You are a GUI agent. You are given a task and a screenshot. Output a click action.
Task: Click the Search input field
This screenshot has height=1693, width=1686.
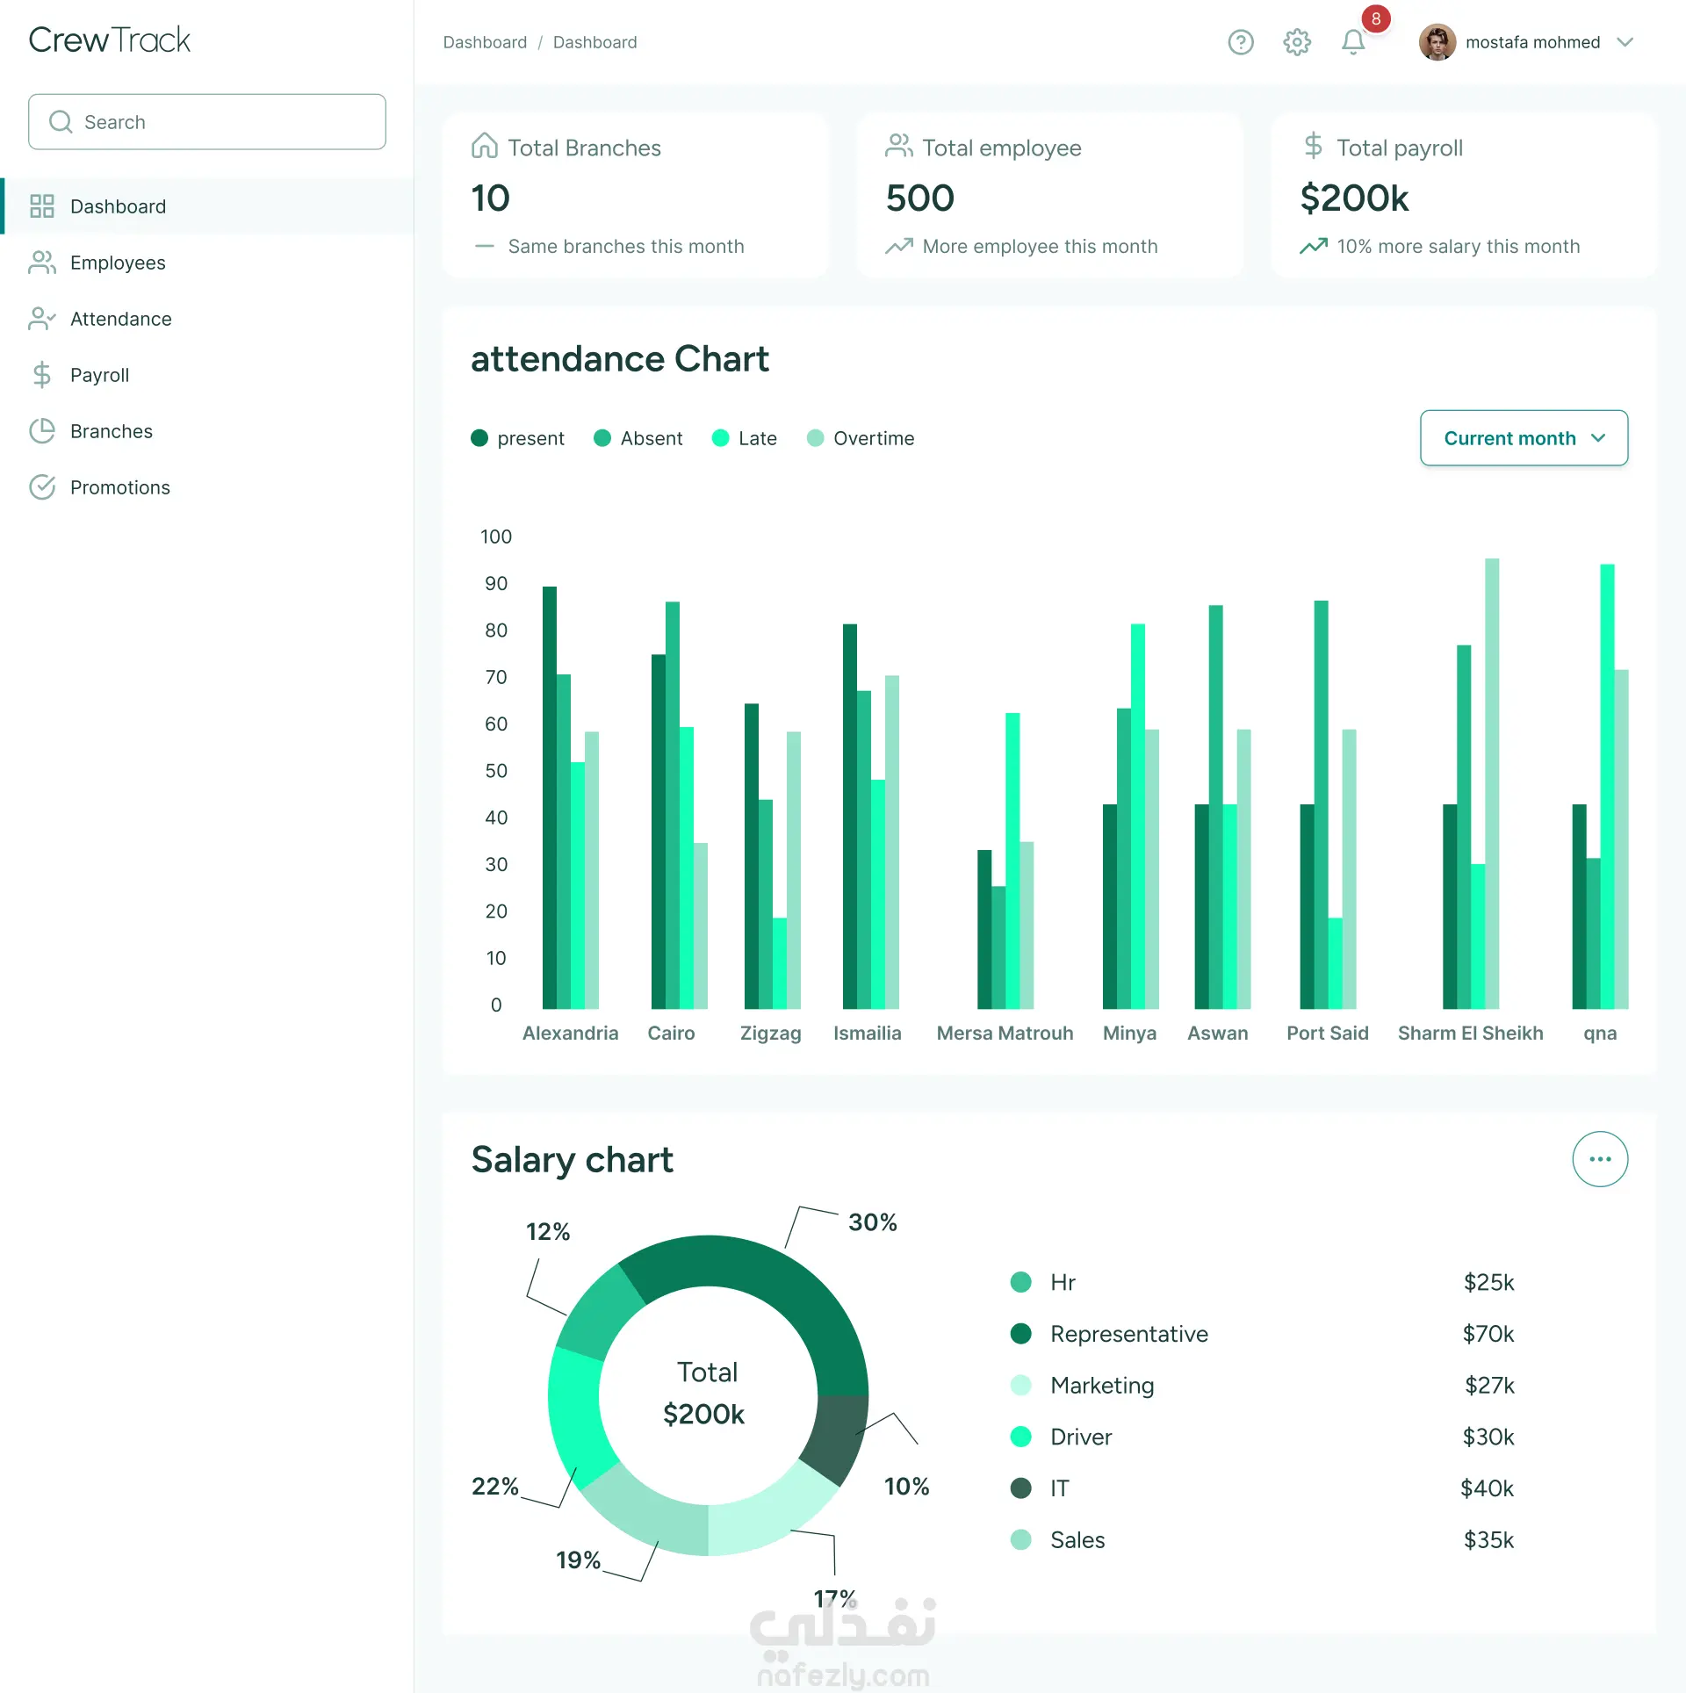(207, 122)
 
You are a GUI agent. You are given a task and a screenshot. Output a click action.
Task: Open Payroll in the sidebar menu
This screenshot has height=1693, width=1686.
(99, 375)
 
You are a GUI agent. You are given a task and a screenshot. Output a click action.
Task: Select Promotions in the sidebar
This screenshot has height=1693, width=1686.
(120, 487)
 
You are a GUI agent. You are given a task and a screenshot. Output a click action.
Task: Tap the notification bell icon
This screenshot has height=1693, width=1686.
(1353, 42)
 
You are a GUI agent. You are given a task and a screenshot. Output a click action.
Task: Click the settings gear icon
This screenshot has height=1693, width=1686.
(1297, 42)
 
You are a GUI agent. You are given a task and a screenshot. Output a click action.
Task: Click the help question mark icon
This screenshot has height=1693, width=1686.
(1241, 42)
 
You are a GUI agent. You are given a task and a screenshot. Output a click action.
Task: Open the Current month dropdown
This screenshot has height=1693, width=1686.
(1524, 438)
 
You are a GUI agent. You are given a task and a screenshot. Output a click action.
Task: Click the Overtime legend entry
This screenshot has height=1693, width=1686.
(861, 438)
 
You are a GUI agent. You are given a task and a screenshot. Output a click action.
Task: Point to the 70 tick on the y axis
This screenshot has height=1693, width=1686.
(496, 677)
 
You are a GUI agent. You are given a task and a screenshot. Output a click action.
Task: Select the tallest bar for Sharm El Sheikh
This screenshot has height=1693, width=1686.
(1492, 783)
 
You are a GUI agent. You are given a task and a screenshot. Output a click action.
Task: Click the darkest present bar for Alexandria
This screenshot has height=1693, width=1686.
(550, 797)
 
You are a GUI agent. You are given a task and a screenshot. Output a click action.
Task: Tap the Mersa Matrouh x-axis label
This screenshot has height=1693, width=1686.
(1005, 1033)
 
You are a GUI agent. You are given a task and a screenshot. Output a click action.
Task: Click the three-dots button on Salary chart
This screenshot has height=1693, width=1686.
(1600, 1159)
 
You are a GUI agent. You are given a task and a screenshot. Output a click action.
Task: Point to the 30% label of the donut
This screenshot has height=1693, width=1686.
(873, 1222)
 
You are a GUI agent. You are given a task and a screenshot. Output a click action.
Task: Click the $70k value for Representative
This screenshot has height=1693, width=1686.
(1488, 1334)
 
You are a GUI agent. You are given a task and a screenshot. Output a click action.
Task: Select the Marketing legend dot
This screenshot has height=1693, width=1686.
(1021, 1386)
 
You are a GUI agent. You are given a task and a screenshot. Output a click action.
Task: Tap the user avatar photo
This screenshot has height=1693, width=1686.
(1437, 42)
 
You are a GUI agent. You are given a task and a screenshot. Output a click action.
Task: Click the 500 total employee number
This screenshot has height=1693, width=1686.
(920, 198)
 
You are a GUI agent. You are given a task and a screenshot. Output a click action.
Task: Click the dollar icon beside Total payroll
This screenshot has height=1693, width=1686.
(1314, 146)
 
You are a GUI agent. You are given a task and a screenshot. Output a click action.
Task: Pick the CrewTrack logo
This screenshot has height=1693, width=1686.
(110, 40)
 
